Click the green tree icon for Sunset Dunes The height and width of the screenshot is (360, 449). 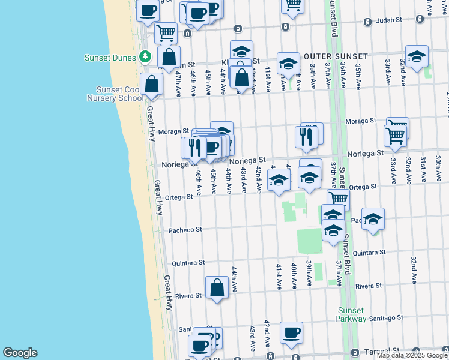145,56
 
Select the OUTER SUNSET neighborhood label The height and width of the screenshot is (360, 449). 329,56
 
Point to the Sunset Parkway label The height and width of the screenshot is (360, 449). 351,314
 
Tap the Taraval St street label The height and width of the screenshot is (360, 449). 384,350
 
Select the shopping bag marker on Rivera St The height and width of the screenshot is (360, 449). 217,287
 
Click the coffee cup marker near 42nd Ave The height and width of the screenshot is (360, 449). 291,332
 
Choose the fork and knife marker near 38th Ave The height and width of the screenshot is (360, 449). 306,137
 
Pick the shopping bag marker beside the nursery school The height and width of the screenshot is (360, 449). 152,85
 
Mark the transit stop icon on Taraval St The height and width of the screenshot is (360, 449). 355,352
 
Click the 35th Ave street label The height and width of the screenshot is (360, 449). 358,77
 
